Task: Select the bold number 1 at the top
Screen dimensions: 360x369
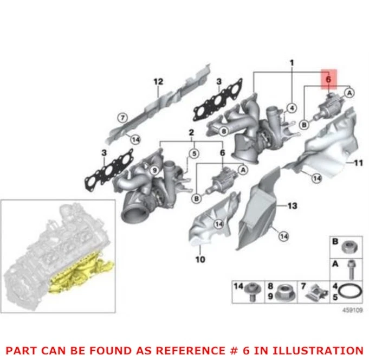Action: [291, 63]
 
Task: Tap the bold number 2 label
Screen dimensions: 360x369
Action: [191, 133]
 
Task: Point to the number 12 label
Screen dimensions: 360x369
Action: [158, 82]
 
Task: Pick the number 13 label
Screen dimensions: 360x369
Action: [292, 207]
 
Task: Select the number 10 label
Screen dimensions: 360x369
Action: [200, 260]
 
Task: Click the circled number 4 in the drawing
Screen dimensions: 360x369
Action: [292, 107]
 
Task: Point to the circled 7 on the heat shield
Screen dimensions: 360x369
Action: [122, 117]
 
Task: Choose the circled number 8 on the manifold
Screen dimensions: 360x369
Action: [223, 130]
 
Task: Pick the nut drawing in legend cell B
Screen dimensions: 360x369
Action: [349, 248]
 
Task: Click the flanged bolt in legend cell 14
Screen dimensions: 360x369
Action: [251, 291]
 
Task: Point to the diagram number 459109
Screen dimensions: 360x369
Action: [352, 310]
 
